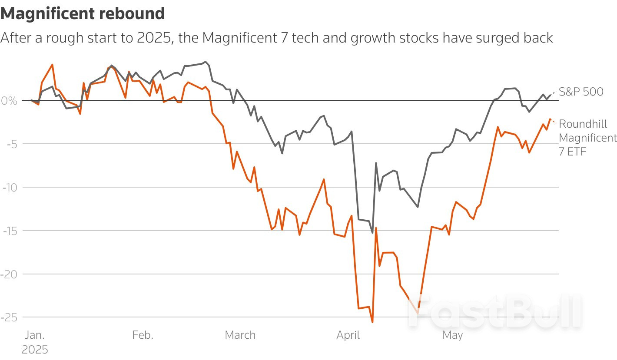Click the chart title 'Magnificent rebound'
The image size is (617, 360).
coord(83,14)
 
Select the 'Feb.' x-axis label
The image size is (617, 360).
coord(143,335)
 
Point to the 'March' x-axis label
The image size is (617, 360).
coord(240,335)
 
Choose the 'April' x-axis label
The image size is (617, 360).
coord(348,335)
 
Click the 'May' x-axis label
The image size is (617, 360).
coord(452,335)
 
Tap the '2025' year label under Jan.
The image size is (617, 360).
coord(35,350)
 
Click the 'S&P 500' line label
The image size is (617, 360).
coord(581,92)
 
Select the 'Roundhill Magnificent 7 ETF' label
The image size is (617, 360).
coord(587,138)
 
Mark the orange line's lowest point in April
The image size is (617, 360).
coord(372,322)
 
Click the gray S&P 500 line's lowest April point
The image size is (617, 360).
coord(372,233)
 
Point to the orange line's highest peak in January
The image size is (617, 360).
coord(53,65)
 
